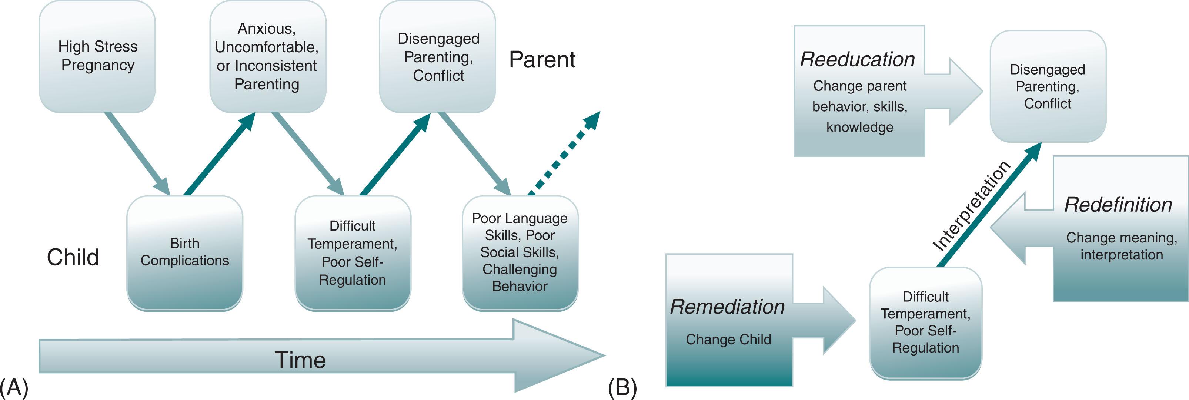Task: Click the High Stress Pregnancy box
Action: pyautogui.click(x=97, y=56)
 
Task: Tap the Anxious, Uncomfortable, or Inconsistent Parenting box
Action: pyautogui.click(x=267, y=56)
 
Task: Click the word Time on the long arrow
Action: pyautogui.click(x=300, y=360)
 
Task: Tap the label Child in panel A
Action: pyautogui.click(x=73, y=257)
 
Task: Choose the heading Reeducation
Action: pyautogui.click(x=857, y=59)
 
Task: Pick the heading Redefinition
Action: pyautogui.click(x=1118, y=205)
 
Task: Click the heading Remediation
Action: pyautogui.click(x=727, y=307)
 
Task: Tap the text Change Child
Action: pyautogui.click(x=728, y=340)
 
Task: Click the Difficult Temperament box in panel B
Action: pyautogui.click(x=925, y=323)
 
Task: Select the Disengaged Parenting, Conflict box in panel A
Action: pyautogui.click(x=438, y=56)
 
